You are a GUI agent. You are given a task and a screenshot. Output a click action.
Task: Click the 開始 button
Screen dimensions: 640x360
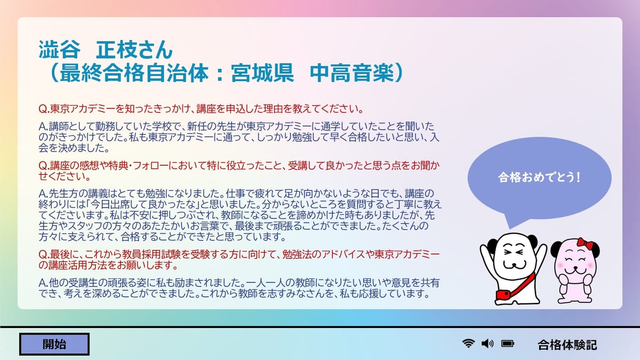(54, 345)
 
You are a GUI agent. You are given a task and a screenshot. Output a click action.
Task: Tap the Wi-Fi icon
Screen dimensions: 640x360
(468, 343)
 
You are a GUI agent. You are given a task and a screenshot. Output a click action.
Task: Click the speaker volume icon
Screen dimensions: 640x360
(487, 343)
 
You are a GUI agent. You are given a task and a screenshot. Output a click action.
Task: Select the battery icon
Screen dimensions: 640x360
(508, 343)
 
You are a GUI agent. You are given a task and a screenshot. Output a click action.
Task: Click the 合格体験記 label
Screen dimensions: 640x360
(567, 345)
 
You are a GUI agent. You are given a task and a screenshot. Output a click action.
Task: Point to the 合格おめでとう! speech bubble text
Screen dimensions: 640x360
(539, 178)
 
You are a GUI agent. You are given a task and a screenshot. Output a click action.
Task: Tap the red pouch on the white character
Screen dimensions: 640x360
(503, 294)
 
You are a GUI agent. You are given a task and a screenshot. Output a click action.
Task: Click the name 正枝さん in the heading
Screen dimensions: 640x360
(134, 50)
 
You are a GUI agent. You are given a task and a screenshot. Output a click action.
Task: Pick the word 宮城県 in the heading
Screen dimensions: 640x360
(262, 73)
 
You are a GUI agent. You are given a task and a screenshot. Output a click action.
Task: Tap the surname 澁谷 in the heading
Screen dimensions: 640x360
(59, 50)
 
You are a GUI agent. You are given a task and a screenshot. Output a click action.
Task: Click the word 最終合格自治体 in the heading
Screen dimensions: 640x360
(134, 73)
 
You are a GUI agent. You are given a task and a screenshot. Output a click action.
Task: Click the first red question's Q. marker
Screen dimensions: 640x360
(44, 109)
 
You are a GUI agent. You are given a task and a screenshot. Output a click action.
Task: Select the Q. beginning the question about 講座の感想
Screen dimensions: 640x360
(44, 165)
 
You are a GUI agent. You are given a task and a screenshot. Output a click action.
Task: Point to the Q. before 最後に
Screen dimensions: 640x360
(44, 254)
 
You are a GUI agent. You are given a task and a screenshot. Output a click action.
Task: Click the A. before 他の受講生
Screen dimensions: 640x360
(43, 283)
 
